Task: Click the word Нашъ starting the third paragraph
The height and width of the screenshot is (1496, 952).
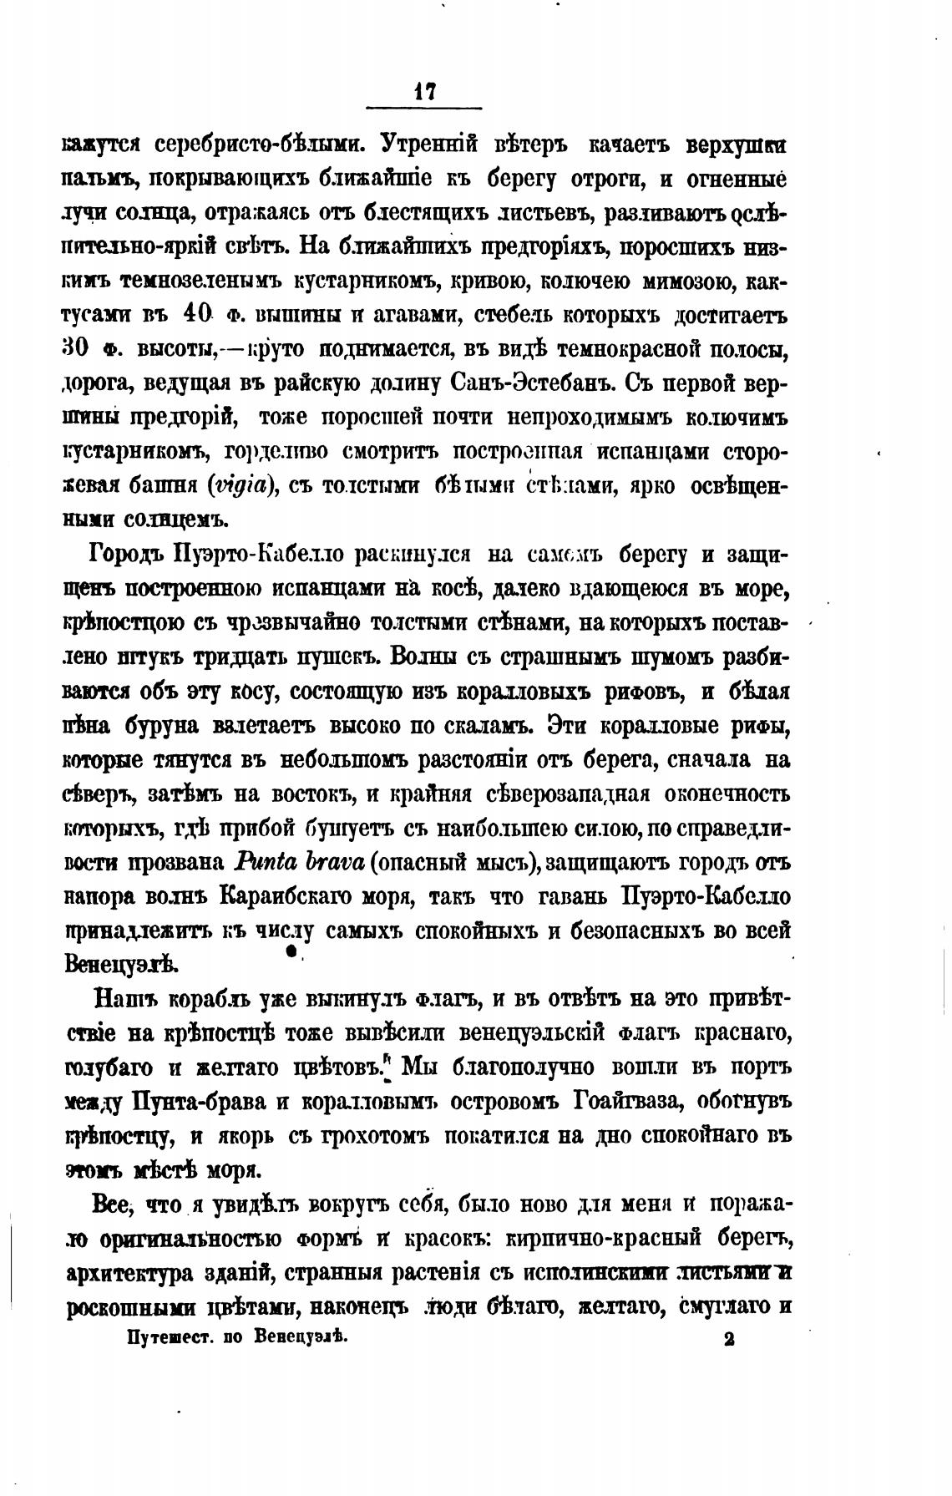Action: click(126, 999)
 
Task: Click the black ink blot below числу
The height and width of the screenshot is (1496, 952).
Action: click(291, 951)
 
